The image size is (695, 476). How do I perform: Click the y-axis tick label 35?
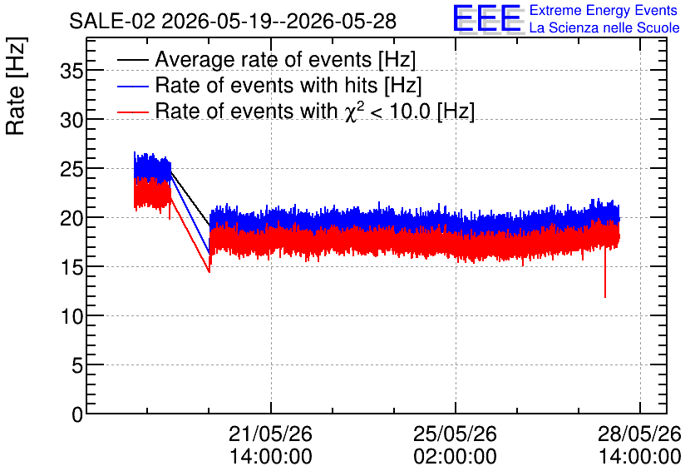coord(71,71)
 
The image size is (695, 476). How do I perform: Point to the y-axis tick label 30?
coord(71,120)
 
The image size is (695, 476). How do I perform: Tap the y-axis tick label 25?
coord(71,170)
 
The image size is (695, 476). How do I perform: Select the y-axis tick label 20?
coord(71,218)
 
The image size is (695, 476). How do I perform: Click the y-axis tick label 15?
coord(71,267)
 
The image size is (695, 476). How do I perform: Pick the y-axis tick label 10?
coord(71,317)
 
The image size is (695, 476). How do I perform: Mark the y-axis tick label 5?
coord(77,366)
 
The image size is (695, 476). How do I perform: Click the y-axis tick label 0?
coord(77,414)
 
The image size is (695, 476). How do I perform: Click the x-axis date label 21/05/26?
coord(270,434)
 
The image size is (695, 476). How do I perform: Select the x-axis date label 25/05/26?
coord(456,434)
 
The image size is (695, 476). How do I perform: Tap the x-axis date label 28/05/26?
coord(639,434)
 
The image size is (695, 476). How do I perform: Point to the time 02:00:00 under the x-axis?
coord(456,457)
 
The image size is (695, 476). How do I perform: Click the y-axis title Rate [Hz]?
coord(16,86)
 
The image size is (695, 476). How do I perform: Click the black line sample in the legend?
coord(132,60)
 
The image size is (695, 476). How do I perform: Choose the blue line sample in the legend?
coord(132,86)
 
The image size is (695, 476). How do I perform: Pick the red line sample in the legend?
coord(132,112)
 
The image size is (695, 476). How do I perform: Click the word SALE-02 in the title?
coord(112,21)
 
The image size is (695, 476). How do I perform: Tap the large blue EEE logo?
coord(486,18)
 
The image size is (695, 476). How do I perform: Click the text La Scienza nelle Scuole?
coord(604,28)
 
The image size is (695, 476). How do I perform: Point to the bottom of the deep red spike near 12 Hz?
coord(605,297)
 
